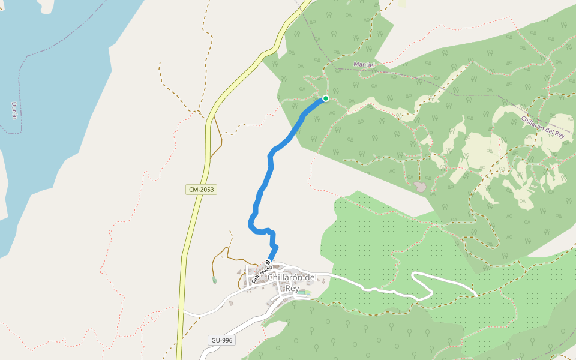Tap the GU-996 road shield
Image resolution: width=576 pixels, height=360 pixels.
(221, 340)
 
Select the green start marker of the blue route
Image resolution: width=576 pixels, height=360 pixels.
(326, 98)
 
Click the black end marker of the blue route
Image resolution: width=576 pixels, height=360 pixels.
(268, 262)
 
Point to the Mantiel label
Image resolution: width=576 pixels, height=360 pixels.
(364, 64)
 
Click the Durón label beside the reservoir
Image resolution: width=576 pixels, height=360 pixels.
(14, 109)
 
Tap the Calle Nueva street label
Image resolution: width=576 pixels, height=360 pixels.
(262, 272)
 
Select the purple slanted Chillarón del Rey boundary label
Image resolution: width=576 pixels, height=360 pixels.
(543, 127)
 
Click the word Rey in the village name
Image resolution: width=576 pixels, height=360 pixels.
(292, 288)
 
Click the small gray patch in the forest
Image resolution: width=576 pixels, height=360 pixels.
(421, 187)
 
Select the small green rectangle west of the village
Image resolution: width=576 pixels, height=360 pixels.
(214, 279)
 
